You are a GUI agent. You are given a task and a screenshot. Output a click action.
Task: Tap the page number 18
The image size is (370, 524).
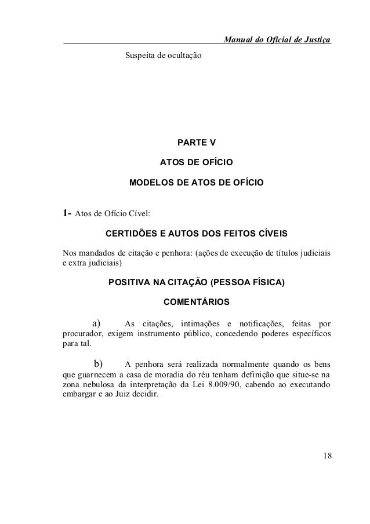click(x=328, y=454)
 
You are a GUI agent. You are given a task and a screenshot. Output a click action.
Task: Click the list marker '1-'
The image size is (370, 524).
click(x=67, y=212)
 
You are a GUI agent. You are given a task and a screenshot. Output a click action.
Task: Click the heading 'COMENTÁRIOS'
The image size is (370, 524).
click(x=197, y=302)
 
